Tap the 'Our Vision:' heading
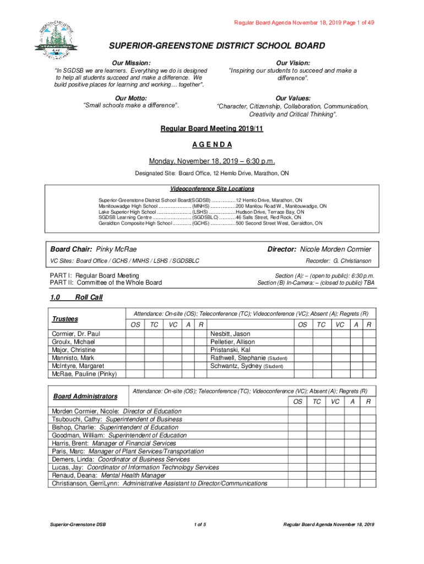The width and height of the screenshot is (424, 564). click(292, 63)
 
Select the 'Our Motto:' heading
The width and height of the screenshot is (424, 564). click(131, 98)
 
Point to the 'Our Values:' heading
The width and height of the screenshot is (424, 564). click(292, 98)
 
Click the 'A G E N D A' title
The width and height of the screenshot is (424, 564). click(212, 145)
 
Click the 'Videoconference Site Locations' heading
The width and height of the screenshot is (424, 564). click(212, 189)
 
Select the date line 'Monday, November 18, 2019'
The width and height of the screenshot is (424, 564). click(212, 161)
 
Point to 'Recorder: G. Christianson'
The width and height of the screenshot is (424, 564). click(338, 261)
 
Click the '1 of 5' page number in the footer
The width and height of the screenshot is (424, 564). click(200, 524)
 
